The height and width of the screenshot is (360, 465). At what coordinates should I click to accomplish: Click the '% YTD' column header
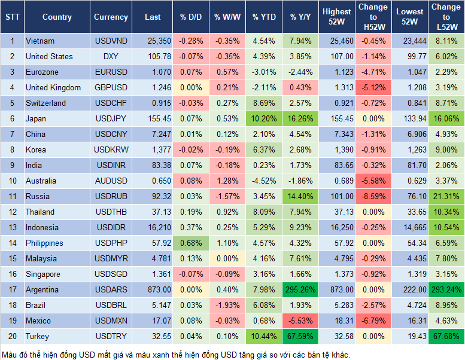[x=264, y=17]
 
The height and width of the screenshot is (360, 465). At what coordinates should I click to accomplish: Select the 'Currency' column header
[x=111, y=17]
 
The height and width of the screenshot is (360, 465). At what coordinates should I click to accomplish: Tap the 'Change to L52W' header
[x=446, y=17]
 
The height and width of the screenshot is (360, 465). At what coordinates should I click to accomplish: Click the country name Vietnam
[x=40, y=41]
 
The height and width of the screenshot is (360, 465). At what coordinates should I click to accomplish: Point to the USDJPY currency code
[x=111, y=119]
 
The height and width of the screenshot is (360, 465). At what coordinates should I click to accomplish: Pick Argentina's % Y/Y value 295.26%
[x=301, y=290]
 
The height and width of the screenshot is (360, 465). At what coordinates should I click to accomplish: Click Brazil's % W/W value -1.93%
[x=227, y=306]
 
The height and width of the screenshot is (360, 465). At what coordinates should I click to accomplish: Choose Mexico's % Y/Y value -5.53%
[x=301, y=321]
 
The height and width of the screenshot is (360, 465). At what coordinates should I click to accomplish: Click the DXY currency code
[x=111, y=57]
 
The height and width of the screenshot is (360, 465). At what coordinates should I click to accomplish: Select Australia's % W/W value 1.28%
[x=227, y=181]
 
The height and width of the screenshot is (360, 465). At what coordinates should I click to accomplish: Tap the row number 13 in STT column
[x=11, y=228]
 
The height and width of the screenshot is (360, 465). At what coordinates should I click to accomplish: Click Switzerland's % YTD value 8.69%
[x=264, y=103]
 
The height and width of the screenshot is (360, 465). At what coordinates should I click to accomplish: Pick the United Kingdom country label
[x=53, y=88]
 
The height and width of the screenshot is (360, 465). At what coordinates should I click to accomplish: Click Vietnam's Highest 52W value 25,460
[x=337, y=41]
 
